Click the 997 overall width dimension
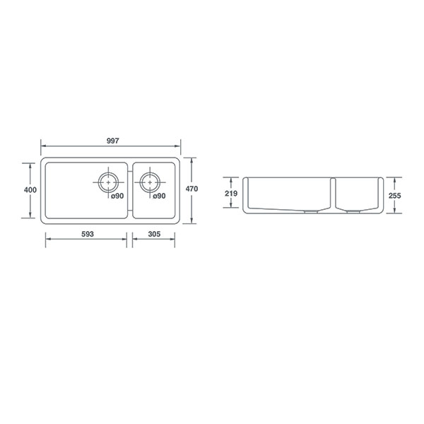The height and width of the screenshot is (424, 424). (x=113, y=141)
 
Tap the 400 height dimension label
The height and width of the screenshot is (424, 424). (x=30, y=190)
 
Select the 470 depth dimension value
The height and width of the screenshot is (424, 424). (x=192, y=189)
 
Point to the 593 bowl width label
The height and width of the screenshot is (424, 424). (x=88, y=234)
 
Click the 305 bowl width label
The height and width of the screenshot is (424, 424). (x=154, y=234)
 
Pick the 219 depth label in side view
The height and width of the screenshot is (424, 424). (x=231, y=194)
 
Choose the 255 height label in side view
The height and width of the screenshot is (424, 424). (x=395, y=196)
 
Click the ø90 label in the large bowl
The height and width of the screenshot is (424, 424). (x=117, y=196)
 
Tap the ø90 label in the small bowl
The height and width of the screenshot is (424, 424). (x=159, y=196)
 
